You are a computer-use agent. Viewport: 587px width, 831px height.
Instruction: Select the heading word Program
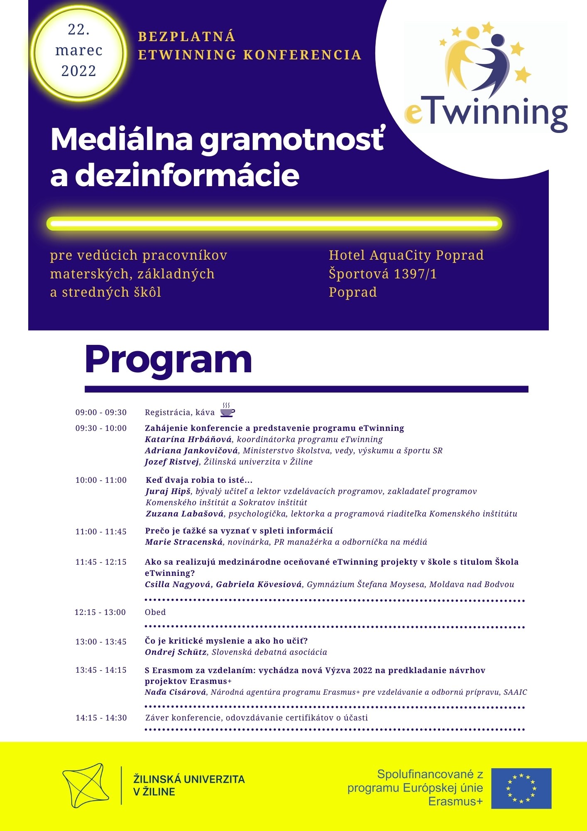click(169, 360)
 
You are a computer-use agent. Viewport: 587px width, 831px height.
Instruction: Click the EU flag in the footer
click(521, 788)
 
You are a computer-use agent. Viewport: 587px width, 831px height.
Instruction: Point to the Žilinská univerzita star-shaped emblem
click(86, 785)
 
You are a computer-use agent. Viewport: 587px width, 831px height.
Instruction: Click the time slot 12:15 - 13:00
click(100, 612)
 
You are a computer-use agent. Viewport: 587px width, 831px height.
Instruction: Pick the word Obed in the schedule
click(155, 612)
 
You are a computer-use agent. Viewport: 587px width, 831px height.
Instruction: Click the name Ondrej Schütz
click(176, 652)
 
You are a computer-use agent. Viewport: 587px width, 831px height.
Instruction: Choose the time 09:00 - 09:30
click(101, 412)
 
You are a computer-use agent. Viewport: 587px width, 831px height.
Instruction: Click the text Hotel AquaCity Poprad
click(406, 255)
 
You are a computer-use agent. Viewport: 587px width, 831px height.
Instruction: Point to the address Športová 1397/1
click(382, 274)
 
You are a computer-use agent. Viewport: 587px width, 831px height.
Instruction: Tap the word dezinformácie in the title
click(187, 176)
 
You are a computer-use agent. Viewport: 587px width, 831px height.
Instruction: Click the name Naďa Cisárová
click(175, 692)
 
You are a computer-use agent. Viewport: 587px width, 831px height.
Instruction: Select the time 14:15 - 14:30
click(101, 718)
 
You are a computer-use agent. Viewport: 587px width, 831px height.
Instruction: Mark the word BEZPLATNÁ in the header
click(186, 37)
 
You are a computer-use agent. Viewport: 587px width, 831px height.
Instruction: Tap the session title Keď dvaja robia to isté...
click(199, 480)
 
